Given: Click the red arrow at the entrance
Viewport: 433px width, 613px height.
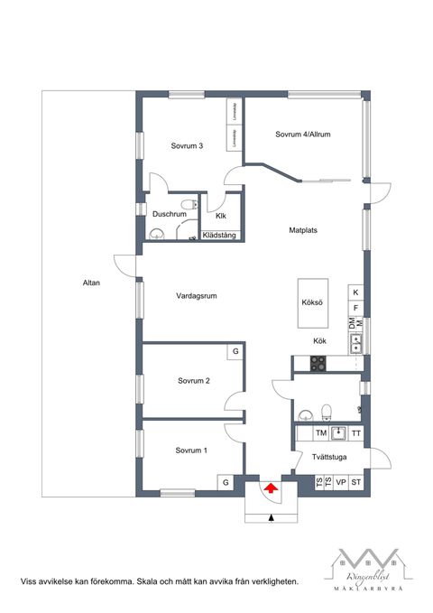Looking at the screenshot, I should coord(270,488).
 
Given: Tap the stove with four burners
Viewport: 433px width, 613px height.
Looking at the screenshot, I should coord(319,364).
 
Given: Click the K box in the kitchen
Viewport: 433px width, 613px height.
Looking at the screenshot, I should coord(355,293).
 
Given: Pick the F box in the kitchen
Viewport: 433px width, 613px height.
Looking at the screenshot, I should coord(355,308).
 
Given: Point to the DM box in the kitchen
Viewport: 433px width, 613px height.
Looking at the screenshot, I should coord(351,323).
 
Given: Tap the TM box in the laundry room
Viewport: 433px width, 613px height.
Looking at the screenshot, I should coord(319,434).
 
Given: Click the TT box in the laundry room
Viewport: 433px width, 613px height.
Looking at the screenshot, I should coord(355,434).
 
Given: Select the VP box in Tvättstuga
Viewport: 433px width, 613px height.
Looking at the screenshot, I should coord(341,483).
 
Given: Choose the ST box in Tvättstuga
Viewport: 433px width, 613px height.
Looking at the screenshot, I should coord(356,483).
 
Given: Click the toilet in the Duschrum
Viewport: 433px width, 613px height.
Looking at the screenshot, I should coord(187,207).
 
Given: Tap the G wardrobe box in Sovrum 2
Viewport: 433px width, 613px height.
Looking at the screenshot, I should coord(235,350).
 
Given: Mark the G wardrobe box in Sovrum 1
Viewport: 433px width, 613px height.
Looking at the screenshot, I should coord(226,483).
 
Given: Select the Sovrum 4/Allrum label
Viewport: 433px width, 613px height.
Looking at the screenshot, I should coord(303,135).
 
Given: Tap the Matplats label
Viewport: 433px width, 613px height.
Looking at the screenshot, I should coord(303,230).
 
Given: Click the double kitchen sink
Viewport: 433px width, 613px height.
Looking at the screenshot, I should coord(356,342).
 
